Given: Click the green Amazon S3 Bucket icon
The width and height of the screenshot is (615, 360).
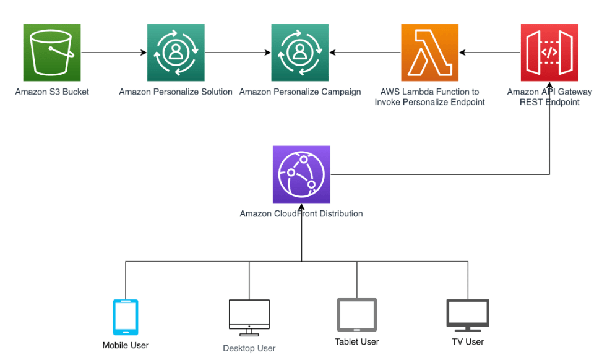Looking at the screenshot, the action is [52, 53].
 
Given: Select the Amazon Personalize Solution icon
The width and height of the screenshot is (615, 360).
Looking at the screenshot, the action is [176, 53].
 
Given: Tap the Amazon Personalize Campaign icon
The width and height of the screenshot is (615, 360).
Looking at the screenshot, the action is [300, 53].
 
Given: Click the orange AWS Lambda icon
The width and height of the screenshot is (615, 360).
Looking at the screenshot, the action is [429, 53].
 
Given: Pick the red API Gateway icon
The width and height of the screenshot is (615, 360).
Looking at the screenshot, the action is [549, 53].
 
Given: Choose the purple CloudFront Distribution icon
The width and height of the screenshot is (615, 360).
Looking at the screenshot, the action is [301, 174].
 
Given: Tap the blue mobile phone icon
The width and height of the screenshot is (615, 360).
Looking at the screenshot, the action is [126, 317].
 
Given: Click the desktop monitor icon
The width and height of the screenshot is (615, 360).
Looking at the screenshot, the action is [249, 318].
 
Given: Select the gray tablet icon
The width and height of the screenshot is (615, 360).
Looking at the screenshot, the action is [357, 315].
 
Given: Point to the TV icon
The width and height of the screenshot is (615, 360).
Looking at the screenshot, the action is [468, 315].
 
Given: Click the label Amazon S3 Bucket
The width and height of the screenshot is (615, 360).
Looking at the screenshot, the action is [52, 92].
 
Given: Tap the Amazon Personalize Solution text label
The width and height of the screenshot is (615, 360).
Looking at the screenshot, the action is [176, 92].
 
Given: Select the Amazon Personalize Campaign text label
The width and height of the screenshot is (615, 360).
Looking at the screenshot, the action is [300, 92].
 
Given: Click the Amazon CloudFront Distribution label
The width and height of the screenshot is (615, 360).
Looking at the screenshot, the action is [301, 214].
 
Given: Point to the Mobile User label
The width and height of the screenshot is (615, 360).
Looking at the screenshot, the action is [126, 345].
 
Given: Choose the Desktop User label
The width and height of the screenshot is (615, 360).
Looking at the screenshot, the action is [249, 348].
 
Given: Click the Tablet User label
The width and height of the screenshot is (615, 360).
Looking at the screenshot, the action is [357, 341].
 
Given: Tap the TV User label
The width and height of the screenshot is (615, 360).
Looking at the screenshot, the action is [468, 341].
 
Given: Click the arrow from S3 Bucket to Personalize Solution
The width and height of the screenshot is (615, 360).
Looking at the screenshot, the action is [114, 53].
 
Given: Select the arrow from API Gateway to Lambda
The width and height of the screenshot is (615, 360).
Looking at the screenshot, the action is [489, 53].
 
